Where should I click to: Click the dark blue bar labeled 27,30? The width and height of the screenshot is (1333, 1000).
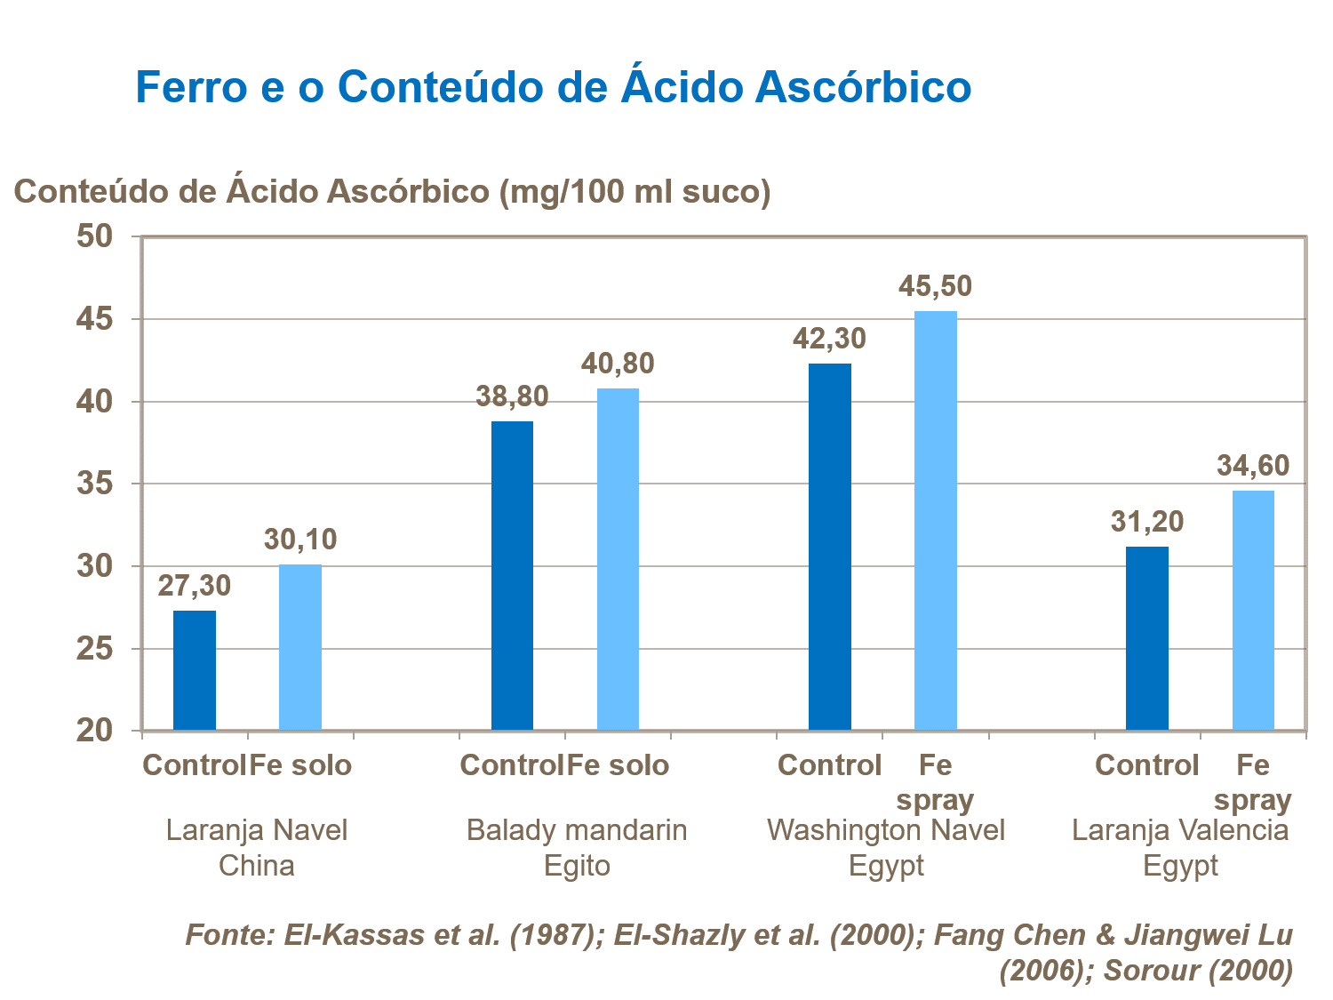click(194, 670)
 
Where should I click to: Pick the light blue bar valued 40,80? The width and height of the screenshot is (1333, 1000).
click(618, 559)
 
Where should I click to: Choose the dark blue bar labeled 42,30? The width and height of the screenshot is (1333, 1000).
click(829, 547)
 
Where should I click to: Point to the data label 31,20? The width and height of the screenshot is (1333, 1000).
click(1146, 521)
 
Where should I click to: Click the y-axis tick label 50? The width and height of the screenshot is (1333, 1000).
click(95, 236)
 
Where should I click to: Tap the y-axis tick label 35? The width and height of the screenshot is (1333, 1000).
click(95, 484)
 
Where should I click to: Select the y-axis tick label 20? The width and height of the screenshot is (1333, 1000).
click(95, 731)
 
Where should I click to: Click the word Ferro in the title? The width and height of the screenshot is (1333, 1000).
click(191, 87)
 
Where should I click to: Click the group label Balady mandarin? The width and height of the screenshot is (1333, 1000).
click(577, 830)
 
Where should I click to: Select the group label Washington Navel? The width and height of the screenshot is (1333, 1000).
click(886, 830)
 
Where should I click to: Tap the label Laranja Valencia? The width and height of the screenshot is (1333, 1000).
click(1180, 830)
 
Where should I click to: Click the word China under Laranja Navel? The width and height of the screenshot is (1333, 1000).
click(256, 866)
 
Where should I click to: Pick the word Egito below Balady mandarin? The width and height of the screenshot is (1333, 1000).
click(577, 866)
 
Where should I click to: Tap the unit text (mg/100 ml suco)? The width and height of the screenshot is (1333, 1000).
click(635, 191)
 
